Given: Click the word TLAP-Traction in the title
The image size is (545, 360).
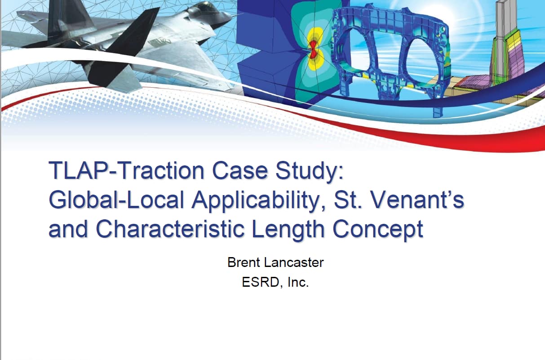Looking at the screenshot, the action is coord(127,170).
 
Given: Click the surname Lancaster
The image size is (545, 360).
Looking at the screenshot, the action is coord(294,262).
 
